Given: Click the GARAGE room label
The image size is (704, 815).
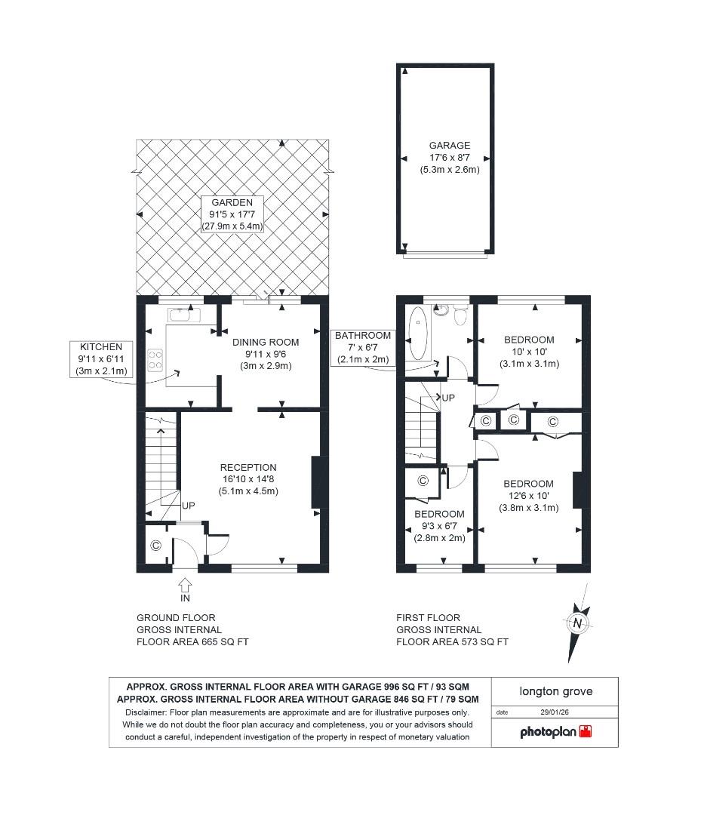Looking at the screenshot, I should [449, 146].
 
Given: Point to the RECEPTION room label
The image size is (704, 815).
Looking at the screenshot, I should [248, 467].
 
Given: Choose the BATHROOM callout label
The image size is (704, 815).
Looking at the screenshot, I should [363, 336].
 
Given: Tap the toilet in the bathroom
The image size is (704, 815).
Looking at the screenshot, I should [443, 309].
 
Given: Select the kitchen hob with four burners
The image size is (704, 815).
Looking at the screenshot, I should [156, 359].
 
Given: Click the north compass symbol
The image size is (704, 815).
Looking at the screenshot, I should [577, 623].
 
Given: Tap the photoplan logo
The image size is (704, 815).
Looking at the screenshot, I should [555, 731].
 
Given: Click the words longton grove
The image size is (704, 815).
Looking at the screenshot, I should [555, 690].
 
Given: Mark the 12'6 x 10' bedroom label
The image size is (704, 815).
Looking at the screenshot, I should [528, 484].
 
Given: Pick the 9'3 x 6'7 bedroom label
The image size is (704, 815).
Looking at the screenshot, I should [439, 514].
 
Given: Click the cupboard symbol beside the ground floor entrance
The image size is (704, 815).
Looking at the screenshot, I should [156, 546].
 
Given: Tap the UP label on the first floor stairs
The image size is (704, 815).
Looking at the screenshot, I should [447, 397].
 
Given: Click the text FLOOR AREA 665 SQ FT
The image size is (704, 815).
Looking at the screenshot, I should [192, 642].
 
